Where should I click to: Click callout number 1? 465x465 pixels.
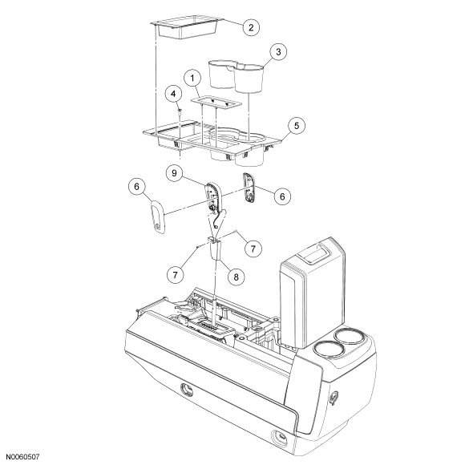pos(192,79)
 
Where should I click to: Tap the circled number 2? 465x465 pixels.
pos(251,27)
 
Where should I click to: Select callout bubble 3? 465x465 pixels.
pos(278,52)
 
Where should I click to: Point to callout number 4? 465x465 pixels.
pos(173,94)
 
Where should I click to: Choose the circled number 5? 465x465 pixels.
pos(297,126)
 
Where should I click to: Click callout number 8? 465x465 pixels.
pos(236,277)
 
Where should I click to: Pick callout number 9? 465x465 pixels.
pos(174,173)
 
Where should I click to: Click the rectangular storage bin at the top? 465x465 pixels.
pos(187,27)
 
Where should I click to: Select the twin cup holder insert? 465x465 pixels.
pos(236,75)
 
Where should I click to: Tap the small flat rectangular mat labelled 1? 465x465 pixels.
pos(216,103)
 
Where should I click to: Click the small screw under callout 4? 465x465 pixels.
pos(180,111)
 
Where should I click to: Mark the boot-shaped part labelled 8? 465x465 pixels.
pos(216,249)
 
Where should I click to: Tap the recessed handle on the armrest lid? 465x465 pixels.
pos(314,252)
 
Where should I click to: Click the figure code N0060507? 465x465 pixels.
pos(22,457)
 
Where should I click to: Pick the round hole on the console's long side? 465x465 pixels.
pos(187,390)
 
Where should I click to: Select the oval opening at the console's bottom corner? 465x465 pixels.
pos(279,437)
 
